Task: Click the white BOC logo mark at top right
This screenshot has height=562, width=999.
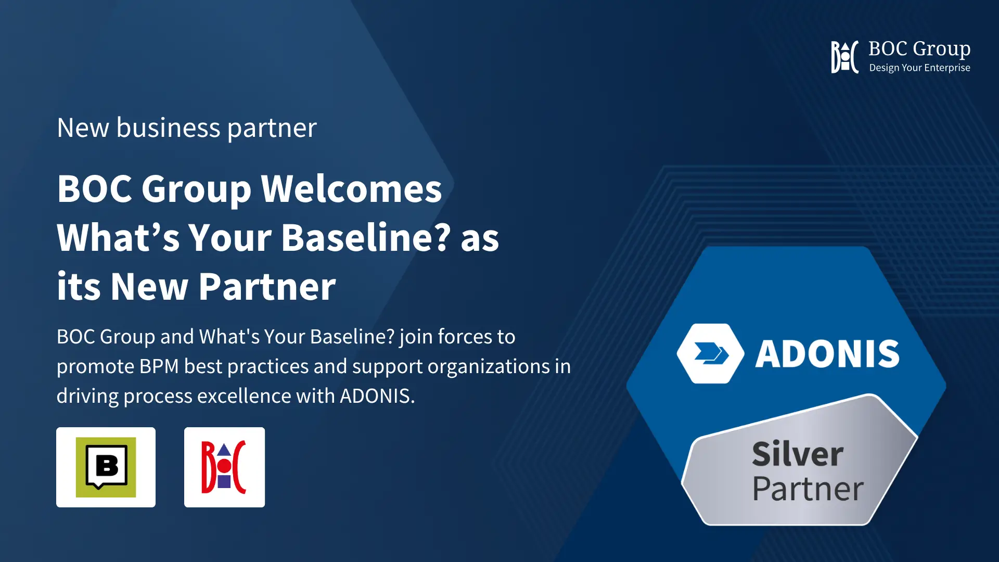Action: click(x=844, y=57)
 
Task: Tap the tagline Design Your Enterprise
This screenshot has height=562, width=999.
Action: click(x=919, y=68)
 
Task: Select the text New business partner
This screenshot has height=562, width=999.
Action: click(x=187, y=128)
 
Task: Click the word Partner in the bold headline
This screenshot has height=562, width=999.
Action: click(x=267, y=287)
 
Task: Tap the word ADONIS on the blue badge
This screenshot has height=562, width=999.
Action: click(x=827, y=354)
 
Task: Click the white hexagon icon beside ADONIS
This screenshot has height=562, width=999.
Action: click(x=711, y=354)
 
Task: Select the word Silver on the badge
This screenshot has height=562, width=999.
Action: click(x=798, y=454)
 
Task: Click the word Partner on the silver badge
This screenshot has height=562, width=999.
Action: click(x=808, y=489)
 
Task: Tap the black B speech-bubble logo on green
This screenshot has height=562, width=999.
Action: click(x=106, y=467)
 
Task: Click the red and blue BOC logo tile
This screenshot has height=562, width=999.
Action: click(x=224, y=467)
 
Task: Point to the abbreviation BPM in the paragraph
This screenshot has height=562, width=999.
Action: click(x=159, y=366)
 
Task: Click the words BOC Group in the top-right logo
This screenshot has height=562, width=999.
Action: click(x=919, y=49)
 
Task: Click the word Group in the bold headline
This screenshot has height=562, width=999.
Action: click(x=197, y=189)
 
